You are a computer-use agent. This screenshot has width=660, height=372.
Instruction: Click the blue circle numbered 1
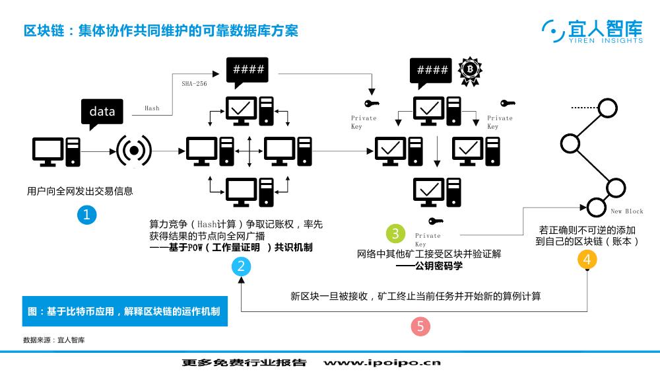(86, 215)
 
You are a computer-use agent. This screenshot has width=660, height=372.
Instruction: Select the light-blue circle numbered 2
(241, 266)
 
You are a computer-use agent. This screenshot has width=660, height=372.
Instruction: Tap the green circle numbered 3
(395, 233)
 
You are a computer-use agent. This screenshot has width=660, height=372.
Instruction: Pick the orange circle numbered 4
(587, 259)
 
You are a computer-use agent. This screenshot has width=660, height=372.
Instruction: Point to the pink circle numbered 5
(420, 326)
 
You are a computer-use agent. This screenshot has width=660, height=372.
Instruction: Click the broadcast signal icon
(134, 151)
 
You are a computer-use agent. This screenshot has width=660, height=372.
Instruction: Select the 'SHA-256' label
(195, 84)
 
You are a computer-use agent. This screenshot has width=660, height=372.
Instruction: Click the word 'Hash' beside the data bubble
(152, 108)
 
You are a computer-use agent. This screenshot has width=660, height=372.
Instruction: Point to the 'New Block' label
(627, 211)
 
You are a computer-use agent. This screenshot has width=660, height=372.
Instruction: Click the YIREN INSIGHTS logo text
(606, 41)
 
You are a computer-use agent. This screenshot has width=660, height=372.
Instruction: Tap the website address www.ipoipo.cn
(382, 362)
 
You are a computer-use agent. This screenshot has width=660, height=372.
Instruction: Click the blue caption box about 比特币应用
(125, 311)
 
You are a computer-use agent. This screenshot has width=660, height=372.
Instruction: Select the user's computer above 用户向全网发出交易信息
(56, 152)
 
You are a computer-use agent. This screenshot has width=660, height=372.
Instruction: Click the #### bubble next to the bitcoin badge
(431, 73)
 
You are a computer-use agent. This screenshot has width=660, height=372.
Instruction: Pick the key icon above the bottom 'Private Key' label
(436, 221)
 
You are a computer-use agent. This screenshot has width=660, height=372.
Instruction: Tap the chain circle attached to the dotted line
(608, 108)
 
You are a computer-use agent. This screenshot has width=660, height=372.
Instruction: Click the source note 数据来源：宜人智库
(54, 340)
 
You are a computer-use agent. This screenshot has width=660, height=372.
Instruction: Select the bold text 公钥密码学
(439, 266)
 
